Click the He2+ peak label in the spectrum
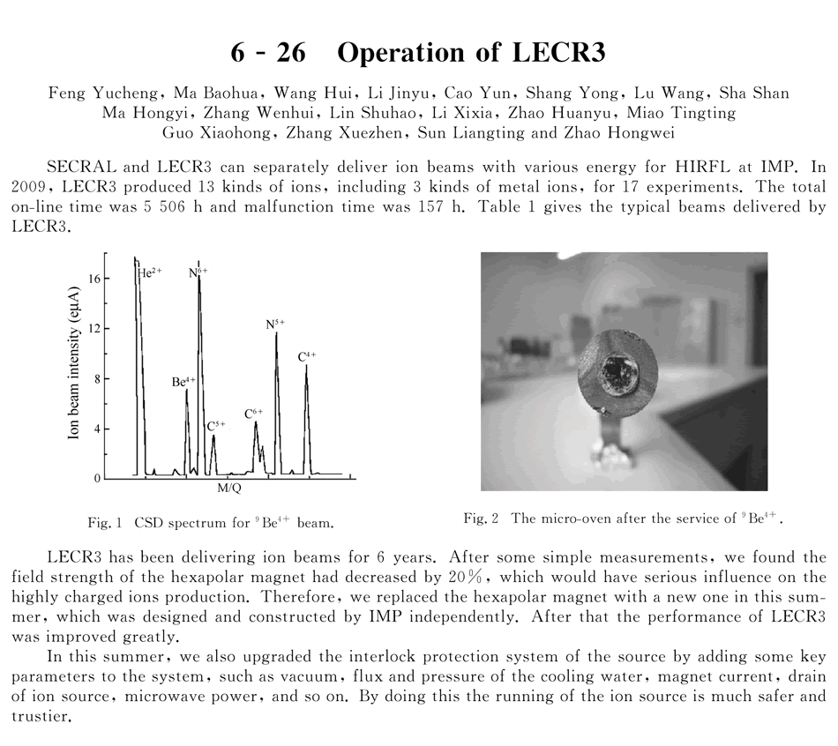tap(151, 273)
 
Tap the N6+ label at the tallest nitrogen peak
tap(198, 273)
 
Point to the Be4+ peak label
tap(183, 382)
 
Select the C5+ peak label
tap(216, 426)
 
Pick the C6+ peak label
tap(254, 412)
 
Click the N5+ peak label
tap(275, 325)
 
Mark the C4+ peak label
tap(307, 356)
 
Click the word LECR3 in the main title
tap(560, 52)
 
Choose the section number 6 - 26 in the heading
tap(268, 52)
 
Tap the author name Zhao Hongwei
tap(629, 133)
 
